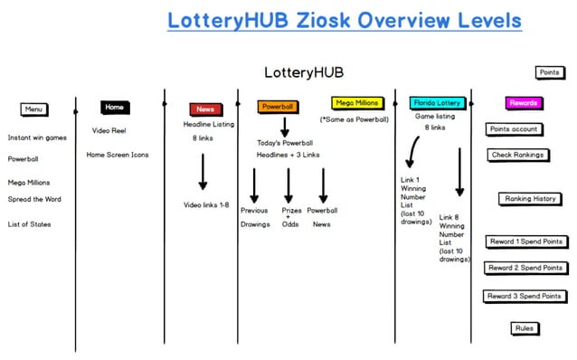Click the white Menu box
point(34,109)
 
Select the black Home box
point(115,107)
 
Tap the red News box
point(205,109)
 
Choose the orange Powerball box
point(279,107)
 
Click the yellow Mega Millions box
point(357,103)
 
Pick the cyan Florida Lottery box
point(437,103)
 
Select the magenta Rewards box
point(524,103)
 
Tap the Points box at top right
point(549,72)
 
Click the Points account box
point(513,129)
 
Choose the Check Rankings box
point(518,155)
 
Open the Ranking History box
point(530,198)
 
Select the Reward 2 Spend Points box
point(525,268)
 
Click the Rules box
point(524,327)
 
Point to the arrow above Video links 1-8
point(203,172)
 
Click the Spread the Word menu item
point(34,199)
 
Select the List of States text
point(30,224)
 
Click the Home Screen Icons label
point(118,155)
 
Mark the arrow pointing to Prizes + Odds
point(288,185)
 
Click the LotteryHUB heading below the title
point(304,72)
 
